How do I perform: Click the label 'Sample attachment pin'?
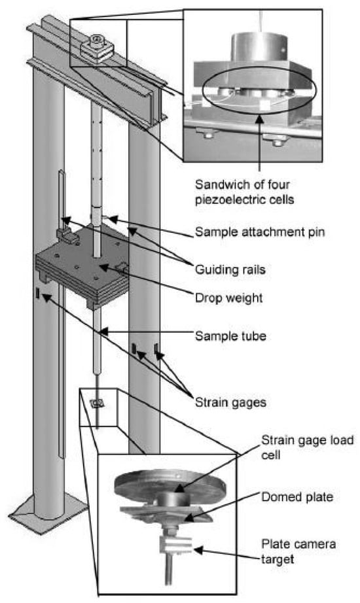point(260,232)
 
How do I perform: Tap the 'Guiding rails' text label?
point(230,269)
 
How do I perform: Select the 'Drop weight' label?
point(229,298)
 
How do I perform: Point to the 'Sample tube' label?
point(230,336)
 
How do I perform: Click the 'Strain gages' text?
point(230,402)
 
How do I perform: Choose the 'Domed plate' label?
point(297,496)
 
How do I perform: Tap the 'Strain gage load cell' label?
point(307,447)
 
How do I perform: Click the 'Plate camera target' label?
point(298,551)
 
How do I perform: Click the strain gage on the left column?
point(37,293)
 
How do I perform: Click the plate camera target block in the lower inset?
point(175,545)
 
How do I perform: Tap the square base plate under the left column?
point(49,509)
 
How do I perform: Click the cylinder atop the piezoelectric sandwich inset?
point(259,48)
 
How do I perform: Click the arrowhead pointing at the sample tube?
point(101,331)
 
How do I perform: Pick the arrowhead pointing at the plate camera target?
point(198,550)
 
